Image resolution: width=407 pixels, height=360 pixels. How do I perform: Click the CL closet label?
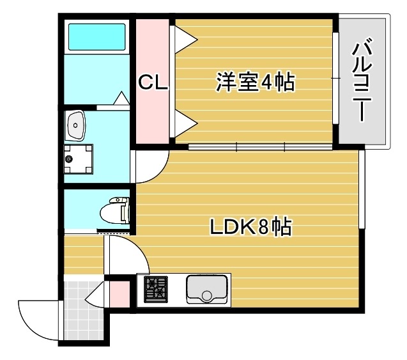[153, 82]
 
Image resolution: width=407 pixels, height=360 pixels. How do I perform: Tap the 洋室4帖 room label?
[255, 82]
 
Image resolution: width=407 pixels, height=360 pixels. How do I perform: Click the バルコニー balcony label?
[362, 81]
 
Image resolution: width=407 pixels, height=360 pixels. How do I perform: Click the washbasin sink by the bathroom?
[76, 125]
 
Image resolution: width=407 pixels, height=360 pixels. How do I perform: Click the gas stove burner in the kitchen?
[155, 290]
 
